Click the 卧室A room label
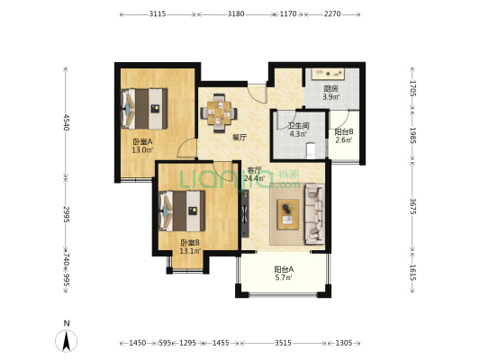click(142, 142)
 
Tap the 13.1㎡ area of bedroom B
click(190, 251)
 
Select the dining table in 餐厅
click(219, 112)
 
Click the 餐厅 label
click(240, 138)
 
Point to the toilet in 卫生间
click(311, 150)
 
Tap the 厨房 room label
click(331, 89)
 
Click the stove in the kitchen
click(328, 74)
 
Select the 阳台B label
click(344, 131)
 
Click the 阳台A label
click(284, 269)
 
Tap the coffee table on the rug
click(288, 214)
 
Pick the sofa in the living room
click(314, 214)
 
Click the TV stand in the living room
click(245, 213)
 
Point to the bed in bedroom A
click(144, 109)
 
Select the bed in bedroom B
click(182, 211)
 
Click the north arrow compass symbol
click(66, 341)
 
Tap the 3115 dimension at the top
click(158, 13)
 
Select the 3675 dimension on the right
click(413, 207)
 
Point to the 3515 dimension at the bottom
click(283, 343)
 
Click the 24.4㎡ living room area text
click(255, 178)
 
